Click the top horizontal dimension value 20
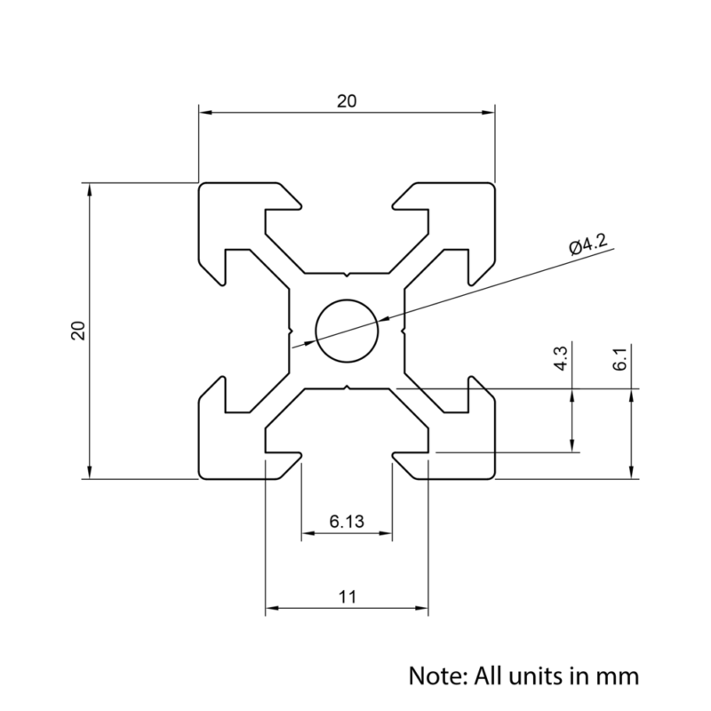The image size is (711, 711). click(x=346, y=101)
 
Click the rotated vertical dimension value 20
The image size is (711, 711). click(x=78, y=331)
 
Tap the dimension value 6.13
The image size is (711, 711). click(x=347, y=522)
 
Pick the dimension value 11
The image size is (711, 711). click(x=347, y=597)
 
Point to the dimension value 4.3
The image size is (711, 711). click(x=561, y=360)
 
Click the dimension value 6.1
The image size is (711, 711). click(x=620, y=360)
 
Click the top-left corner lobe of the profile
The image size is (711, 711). click(x=222, y=213)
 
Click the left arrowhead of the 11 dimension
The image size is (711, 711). click(x=272, y=609)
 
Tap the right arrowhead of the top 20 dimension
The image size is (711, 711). click(x=489, y=113)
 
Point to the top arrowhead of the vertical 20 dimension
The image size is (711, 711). click(x=89, y=189)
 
